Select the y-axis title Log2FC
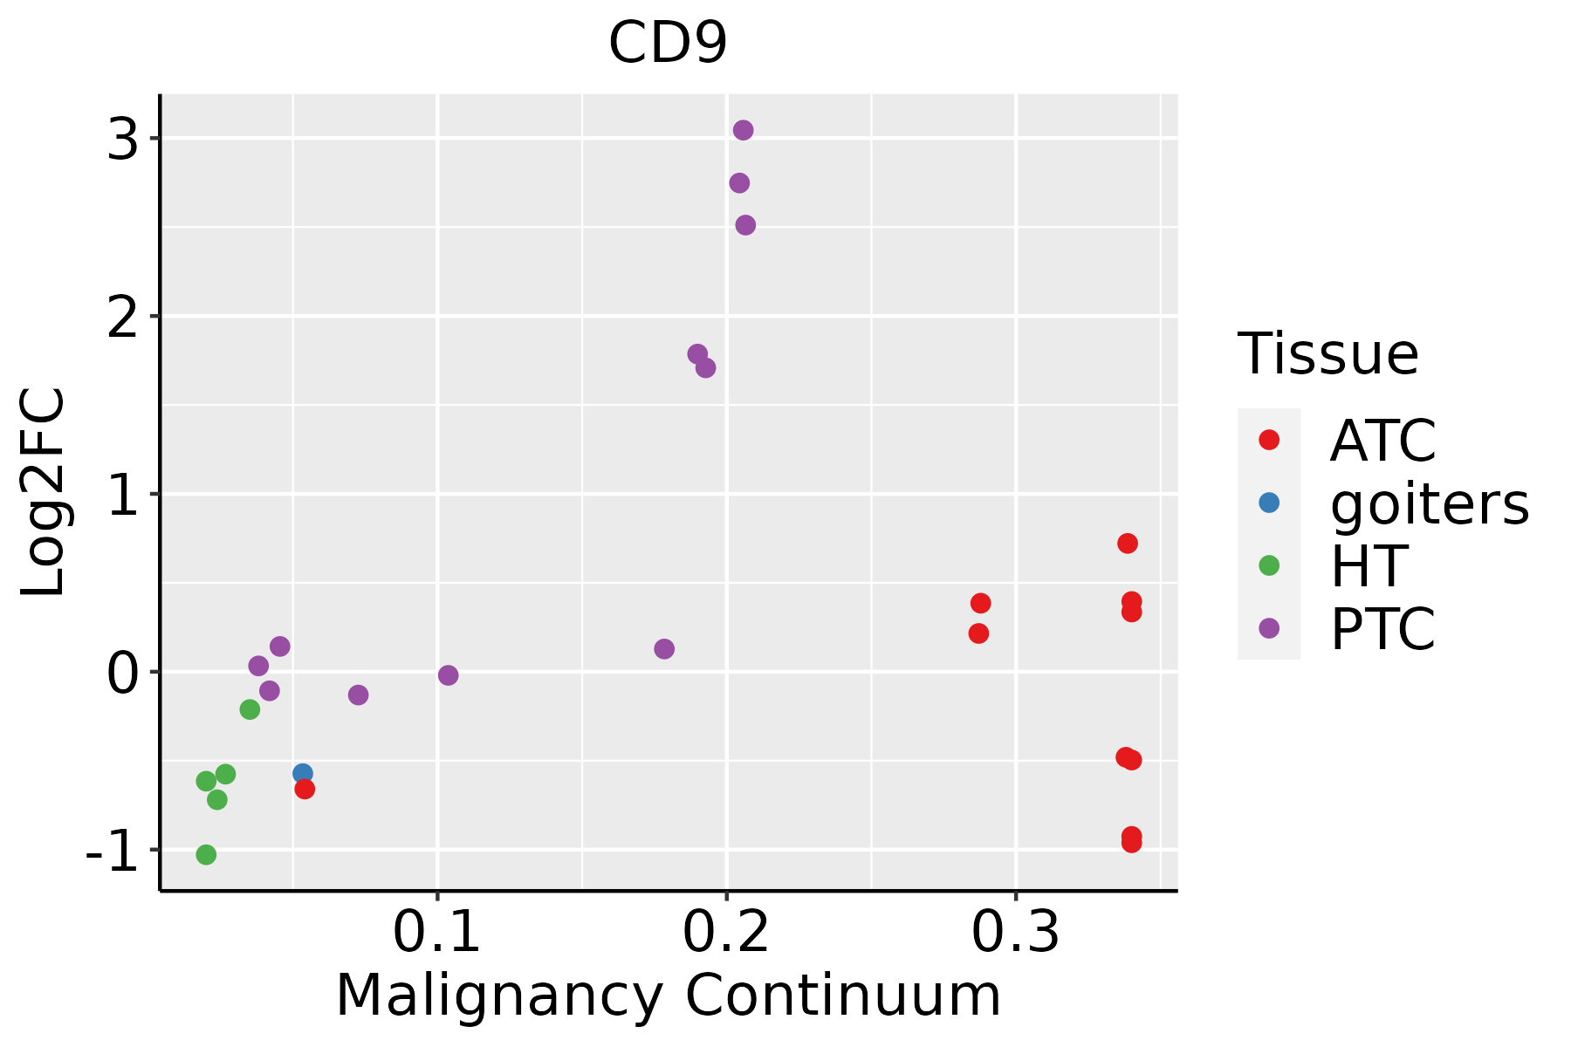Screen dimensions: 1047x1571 point(44,493)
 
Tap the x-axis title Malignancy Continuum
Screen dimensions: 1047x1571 point(668,996)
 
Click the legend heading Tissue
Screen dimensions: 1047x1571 point(1327,354)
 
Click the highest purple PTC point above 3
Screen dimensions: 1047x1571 point(743,130)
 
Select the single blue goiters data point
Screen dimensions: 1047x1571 point(303,773)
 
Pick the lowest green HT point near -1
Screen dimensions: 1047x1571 point(206,854)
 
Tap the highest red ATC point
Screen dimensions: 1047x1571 point(1128,544)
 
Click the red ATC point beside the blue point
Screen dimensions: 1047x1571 point(305,789)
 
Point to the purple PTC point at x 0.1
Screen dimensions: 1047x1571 point(448,675)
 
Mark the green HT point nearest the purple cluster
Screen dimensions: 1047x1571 point(250,709)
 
